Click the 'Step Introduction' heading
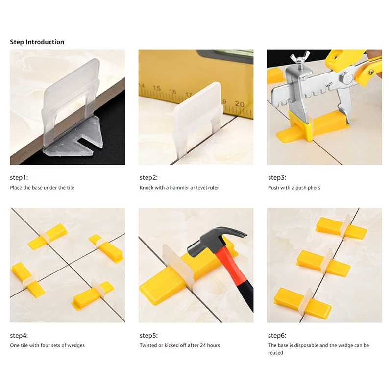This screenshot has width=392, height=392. [37, 42]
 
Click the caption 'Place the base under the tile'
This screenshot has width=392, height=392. [42, 188]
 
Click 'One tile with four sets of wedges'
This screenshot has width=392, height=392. [47, 345]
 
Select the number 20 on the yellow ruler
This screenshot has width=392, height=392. [239, 104]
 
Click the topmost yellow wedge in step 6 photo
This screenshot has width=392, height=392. [340, 227]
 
